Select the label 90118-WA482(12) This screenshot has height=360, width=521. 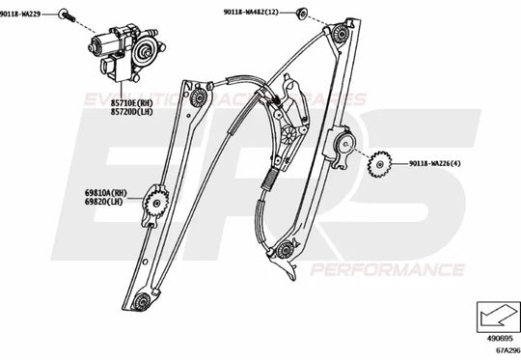tap(250, 12)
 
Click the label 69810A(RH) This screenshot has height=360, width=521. tap(106, 194)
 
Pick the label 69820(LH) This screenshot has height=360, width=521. tap(104, 204)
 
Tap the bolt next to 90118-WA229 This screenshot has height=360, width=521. tap(64, 14)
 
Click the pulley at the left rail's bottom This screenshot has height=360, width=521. tap(142, 301)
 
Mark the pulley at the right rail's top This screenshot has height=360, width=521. tap(341, 34)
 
